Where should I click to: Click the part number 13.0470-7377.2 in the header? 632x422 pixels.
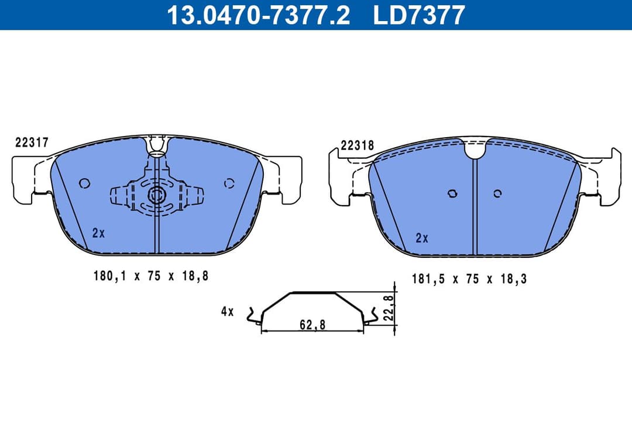pos(258,15)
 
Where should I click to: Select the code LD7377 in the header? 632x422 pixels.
pos(419,15)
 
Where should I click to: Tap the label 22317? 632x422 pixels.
pos(31,142)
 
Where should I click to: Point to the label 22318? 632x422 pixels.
pos(357,146)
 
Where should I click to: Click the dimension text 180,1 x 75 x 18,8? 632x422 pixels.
pos(150,275)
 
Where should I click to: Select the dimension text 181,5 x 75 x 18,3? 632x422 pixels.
pos(469,279)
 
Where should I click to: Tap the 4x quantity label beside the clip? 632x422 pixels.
pos(227,312)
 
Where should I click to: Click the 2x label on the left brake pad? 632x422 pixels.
pos(98,233)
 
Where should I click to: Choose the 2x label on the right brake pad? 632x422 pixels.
pos(421,238)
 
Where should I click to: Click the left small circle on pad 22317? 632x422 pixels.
pos(84,183)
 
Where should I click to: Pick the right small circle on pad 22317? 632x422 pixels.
pos(228,183)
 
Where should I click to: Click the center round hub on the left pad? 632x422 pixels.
pos(156,195)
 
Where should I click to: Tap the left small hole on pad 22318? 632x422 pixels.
pos(452,193)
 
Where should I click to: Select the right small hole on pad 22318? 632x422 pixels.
pos(497,193)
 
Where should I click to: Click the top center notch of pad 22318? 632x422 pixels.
pos(475,149)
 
